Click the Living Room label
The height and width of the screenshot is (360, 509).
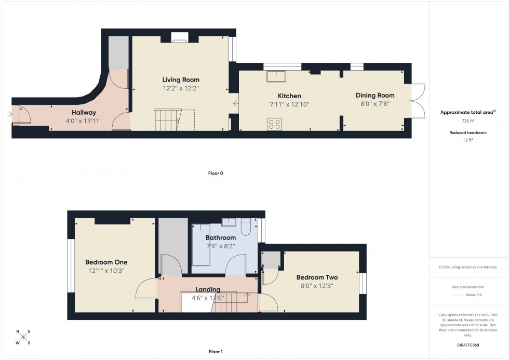181,80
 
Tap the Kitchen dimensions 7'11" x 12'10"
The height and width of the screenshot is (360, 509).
289,104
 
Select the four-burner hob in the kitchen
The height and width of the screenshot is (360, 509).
274,124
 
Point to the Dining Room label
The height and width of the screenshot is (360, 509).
374,95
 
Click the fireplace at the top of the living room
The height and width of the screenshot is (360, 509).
180,37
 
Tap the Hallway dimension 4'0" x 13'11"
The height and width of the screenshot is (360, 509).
84,121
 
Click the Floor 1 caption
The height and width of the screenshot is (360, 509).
215,352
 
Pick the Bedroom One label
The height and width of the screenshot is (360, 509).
106,262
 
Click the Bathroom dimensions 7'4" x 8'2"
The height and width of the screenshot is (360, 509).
220,246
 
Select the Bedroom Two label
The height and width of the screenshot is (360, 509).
317,277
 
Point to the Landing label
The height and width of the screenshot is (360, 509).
208,289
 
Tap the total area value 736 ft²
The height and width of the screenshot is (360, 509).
468,121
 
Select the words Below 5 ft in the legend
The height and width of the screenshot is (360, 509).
474,295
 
